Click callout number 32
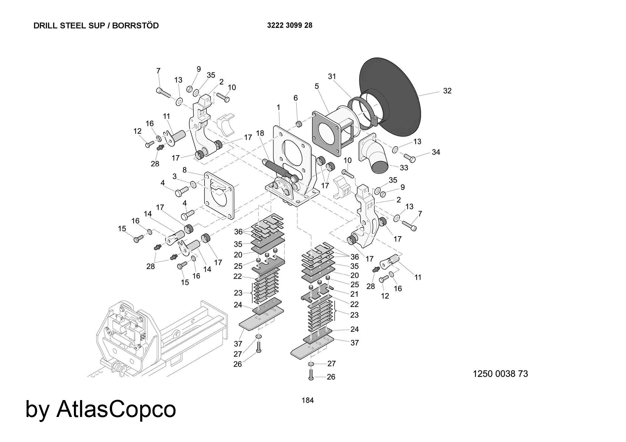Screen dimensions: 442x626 click(x=447, y=91)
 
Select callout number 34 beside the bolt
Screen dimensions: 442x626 click(x=436, y=152)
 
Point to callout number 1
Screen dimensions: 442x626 click(x=278, y=108)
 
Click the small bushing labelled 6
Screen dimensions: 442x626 click(x=299, y=124)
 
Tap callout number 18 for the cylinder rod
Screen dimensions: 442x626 click(x=260, y=133)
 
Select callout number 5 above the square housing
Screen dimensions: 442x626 click(x=317, y=86)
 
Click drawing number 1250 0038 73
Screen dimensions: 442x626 click(x=500, y=374)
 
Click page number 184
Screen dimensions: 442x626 click(x=307, y=400)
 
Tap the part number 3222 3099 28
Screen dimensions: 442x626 click(x=290, y=25)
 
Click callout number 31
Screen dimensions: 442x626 click(x=332, y=76)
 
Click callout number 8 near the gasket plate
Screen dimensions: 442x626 click(x=184, y=170)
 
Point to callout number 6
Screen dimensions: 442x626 click(x=295, y=98)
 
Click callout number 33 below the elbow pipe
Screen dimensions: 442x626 click(x=404, y=168)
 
